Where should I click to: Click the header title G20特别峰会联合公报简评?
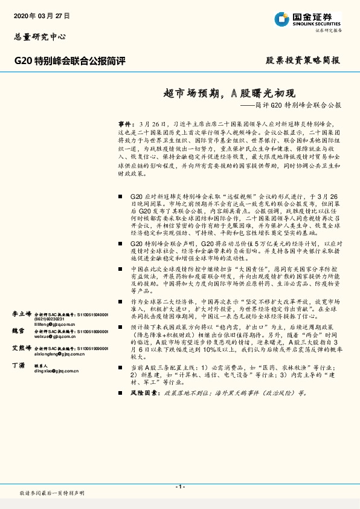(69, 61)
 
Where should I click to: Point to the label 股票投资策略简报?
(303, 61)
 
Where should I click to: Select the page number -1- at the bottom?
(180, 487)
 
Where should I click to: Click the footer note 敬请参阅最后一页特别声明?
(53, 493)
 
